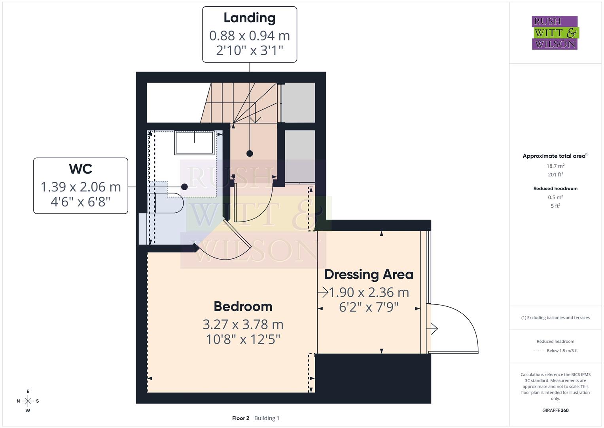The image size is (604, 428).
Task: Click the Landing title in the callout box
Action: [250, 18]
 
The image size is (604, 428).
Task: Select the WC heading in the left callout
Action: [81, 169]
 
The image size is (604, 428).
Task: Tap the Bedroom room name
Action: [243, 306]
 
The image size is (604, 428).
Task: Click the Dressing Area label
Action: [369, 274]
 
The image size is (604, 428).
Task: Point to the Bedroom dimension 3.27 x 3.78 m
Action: [243, 325]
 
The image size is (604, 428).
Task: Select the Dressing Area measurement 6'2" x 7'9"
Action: [369, 307]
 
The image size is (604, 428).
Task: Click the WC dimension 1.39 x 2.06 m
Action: [81, 187]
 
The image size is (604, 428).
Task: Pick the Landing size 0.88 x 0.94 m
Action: [250, 36]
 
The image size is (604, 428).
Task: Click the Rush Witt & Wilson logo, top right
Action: [555, 33]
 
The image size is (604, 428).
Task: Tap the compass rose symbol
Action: [28, 401]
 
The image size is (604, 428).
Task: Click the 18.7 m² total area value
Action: [555, 166]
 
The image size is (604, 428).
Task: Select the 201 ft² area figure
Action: [555, 174]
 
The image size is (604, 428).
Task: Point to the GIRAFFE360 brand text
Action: [555, 410]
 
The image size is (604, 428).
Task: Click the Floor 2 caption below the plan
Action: [240, 418]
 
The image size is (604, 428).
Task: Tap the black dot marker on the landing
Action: [250, 153]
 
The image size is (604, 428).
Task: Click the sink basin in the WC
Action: [195, 143]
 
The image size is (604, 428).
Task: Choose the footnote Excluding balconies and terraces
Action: [555, 317]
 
